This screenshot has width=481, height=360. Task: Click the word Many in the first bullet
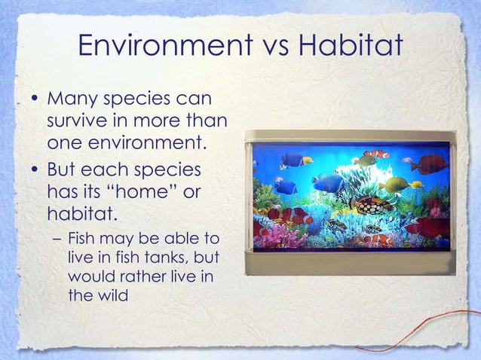point(71,100)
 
